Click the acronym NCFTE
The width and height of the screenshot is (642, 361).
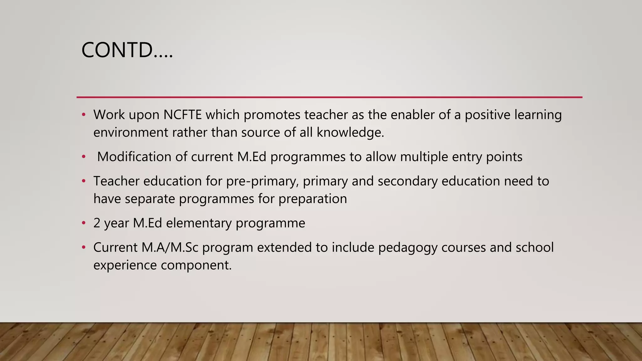[x=182, y=115]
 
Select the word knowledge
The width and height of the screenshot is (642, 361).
[x=350, y=132]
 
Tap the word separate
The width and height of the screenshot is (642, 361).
[x=150, y=199]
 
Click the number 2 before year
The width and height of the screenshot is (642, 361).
[x=97, y=223]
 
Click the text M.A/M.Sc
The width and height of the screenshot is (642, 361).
[x=170, y=248]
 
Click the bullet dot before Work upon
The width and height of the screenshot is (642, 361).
[x=84, y=115]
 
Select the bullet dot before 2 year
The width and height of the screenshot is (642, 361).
[x=84, y=223]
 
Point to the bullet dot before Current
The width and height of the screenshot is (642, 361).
[x=84, y=248]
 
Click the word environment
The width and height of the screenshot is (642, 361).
[x=131, y=132]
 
